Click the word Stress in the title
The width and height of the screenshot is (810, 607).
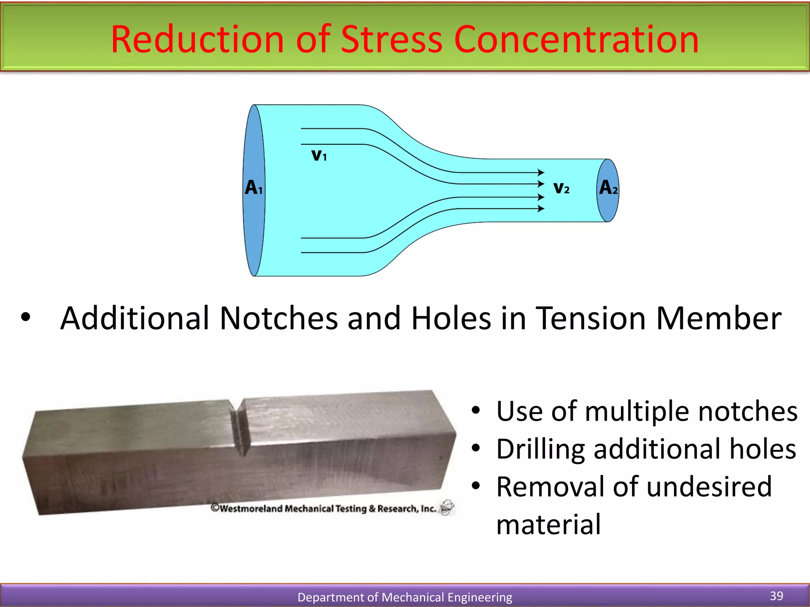391,40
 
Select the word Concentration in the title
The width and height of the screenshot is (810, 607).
576,40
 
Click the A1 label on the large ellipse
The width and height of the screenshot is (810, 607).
253,187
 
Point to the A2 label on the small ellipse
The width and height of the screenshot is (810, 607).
608,188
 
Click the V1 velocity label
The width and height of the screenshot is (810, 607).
319,155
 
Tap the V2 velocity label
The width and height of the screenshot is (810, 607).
561,188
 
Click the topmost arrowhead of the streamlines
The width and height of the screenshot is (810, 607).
541,172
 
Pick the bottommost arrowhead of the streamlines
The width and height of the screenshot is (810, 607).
541,209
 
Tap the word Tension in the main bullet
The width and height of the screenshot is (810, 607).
591,318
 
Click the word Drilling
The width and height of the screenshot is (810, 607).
540,450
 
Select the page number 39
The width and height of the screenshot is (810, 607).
776,596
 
